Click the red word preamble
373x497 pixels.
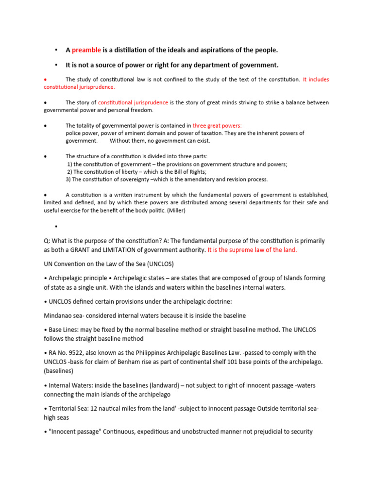(x=86, y=50)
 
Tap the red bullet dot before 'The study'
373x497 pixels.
(x=45, y=79)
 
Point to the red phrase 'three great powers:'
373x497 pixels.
(x=220, y=125)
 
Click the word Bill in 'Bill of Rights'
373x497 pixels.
(x=169, y=172)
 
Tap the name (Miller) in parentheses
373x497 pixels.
(x=178, y=211)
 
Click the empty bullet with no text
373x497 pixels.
(x=56, y=227)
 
